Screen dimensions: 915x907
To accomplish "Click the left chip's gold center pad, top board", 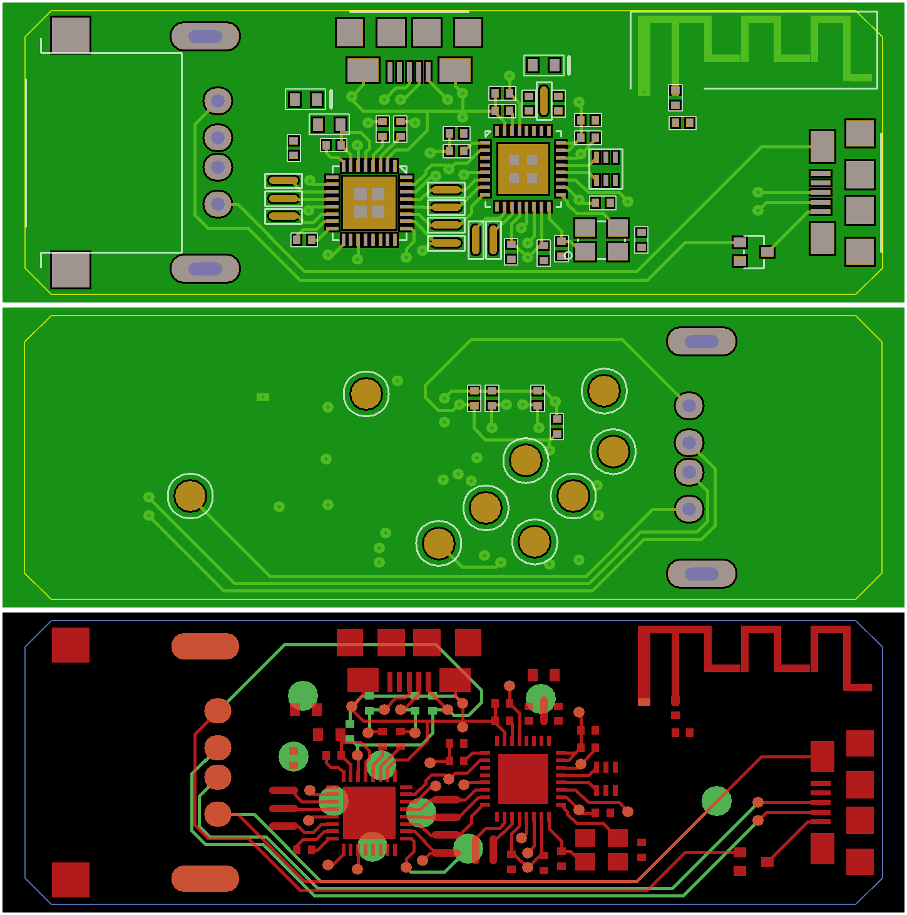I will coord(369,203).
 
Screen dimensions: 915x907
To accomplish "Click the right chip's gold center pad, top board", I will coord(523,168).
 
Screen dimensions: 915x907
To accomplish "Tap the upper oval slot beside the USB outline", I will coord(205,36).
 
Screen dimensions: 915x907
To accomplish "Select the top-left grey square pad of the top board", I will coord(71,34).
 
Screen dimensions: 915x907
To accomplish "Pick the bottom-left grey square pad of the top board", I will coord(71,270).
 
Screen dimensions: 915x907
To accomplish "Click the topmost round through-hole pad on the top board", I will coord(218,100).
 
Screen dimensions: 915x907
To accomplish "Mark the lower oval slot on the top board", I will coord(205,269).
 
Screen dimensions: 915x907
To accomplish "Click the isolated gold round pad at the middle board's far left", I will coord(190,496).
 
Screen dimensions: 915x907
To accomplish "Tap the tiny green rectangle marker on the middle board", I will coord(263,397).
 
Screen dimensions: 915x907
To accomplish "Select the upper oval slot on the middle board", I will coord(702,341).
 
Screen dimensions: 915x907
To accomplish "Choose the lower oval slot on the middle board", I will coord(702,574).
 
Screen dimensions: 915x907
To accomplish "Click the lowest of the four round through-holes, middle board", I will coord(689,509).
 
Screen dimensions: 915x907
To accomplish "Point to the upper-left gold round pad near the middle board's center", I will coord(366,393).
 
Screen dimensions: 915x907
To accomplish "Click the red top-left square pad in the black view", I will coord(71,645).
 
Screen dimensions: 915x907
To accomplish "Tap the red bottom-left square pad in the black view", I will coord(71,880).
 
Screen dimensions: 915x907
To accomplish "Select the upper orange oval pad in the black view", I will coord(205,646).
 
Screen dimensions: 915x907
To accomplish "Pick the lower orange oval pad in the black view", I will coord(205,879).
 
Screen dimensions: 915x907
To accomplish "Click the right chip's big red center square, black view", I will coord(523,779).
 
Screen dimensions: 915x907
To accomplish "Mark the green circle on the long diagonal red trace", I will coord(717,801).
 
